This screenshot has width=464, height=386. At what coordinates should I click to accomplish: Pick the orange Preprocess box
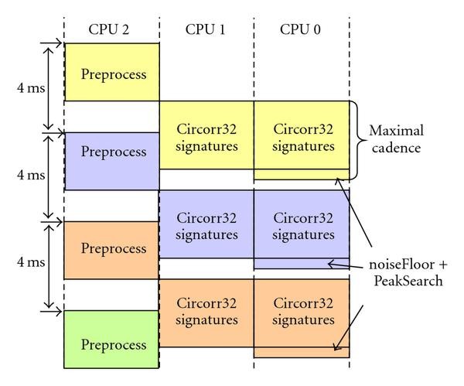pos(112,249)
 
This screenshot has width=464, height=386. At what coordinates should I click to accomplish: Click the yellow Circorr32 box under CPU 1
pos(206,135)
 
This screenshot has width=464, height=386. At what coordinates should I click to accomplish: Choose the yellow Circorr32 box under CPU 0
pos(302,135)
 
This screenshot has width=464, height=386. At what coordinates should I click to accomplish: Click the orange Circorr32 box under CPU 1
pos(206,313)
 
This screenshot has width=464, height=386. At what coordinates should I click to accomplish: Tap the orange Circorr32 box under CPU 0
pos(302,313)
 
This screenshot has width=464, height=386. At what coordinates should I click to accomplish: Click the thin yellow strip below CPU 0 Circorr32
pos(302,175)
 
